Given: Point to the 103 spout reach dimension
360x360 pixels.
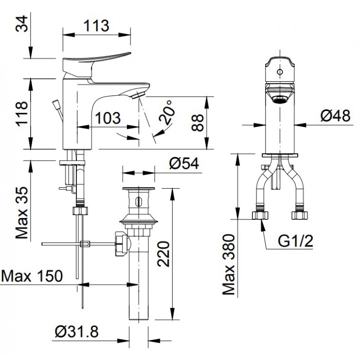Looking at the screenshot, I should (108, 118).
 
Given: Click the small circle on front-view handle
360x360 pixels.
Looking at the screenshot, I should (280, 72).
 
